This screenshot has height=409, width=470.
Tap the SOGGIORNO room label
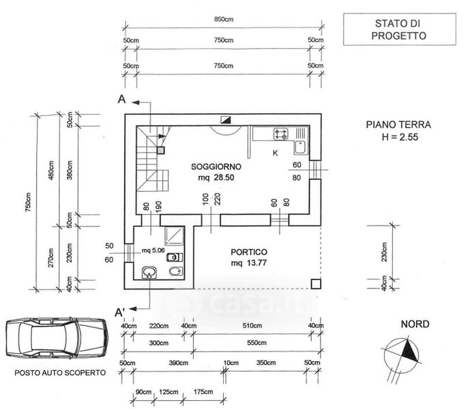pyautogui.click(x=216, y=166)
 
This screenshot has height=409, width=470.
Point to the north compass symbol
pyautogui.click(x=407, y=352)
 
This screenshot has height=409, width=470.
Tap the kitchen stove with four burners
pyautogui.click(x=282, y=133)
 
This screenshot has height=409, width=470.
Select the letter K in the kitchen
pyautogui.click(x=275, y=153)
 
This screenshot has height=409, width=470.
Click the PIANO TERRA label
pyautogui.click(x=398, y=125)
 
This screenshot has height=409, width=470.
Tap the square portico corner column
pyautogui.click(x=314, y=283)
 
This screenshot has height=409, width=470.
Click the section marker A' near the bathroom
pyautogui.click(x=120, y=312)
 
